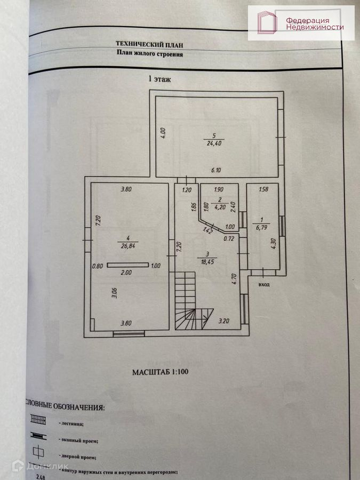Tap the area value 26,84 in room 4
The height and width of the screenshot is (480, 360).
tap(126, 247)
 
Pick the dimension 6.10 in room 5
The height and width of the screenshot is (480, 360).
tap(215, 170)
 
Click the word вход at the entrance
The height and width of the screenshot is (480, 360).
tap(263, 284)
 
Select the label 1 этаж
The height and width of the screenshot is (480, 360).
tap(159, 78)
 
